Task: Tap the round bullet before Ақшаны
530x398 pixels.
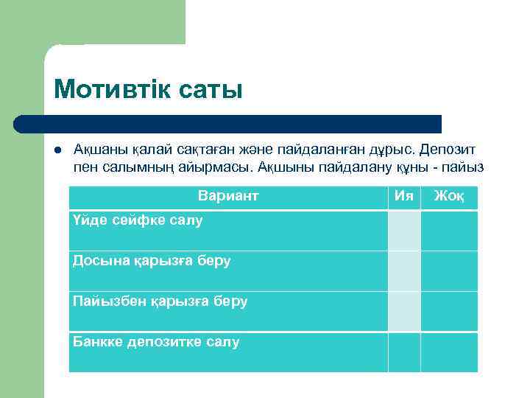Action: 57,149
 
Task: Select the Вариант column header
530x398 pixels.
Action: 228,196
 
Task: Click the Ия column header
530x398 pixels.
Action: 403,196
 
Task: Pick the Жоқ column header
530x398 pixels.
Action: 449,196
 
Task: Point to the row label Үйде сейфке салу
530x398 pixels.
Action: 138,220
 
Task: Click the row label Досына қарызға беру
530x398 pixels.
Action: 152,260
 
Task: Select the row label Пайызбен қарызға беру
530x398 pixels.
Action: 160,301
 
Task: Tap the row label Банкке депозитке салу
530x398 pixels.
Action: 156,341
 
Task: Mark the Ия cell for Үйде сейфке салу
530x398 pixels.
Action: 404,231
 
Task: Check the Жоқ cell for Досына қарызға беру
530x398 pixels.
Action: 449,270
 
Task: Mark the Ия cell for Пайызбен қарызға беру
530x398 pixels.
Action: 404,311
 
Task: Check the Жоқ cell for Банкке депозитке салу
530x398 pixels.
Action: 449,352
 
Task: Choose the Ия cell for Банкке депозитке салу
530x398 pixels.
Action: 404,352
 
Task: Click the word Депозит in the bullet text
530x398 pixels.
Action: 454,149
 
